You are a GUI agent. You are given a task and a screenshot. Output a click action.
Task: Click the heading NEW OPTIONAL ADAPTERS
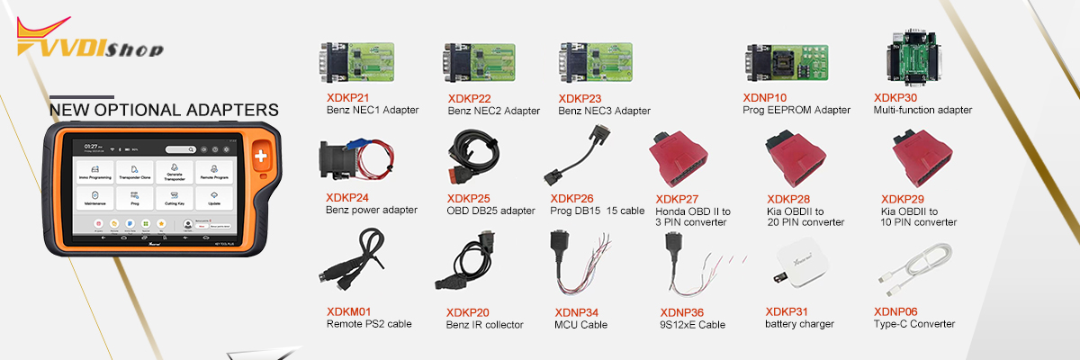(163, 110)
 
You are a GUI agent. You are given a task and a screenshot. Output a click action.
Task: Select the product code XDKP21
(347, 97)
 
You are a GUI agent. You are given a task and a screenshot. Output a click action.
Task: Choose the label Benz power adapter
(371, 210)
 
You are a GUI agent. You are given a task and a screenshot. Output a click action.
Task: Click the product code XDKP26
(572, 198)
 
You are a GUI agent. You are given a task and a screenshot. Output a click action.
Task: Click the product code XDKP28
(789, 198)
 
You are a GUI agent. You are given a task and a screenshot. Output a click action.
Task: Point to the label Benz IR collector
(484, 325)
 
